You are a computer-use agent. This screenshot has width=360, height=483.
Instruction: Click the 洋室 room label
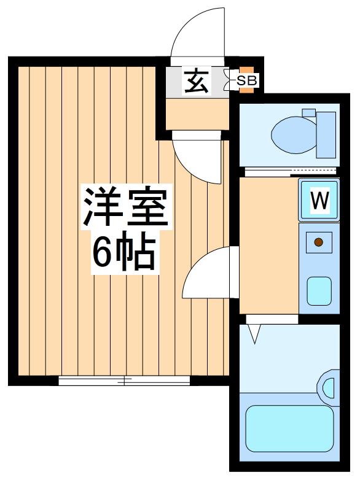pyautogui.click(x=125, y=206)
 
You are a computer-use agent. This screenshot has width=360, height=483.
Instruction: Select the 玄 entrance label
pyautogui.click(x=196, y=82)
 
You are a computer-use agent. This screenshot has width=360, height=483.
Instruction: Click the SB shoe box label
pyautogui.click(x=247, y=80)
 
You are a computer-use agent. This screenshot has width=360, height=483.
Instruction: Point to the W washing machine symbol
pyautogui.click(x=319, y=200)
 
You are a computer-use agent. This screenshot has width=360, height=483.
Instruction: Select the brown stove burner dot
pyautogui.click(x=319, y=242)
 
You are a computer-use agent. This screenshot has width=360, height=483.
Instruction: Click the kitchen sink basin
pyautogui.click(x=319, y=290)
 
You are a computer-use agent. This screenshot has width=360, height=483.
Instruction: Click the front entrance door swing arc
pyautogui.click(x=197, y=34)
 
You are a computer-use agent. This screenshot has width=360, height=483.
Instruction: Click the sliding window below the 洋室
pyautogui.click(x=125, y=381)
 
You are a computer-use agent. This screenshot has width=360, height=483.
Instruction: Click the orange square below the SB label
pyautogui.click(x=246, y=90)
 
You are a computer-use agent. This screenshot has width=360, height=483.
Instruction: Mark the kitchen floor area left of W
pyautogui.click(x=268, y=245)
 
